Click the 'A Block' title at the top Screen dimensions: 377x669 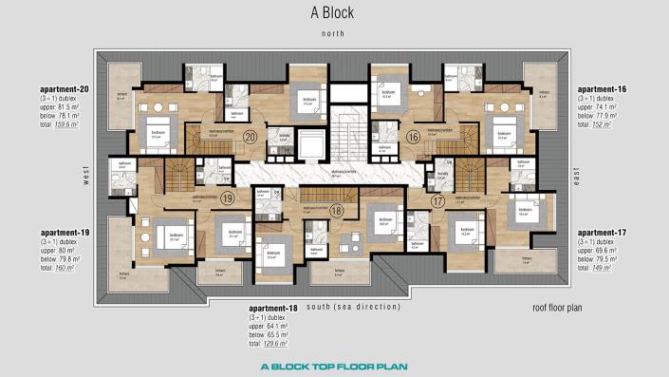[x=334, y=12]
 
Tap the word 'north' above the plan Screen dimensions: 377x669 [x=333, y=32]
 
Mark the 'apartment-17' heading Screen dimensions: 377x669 [x=604, y=232]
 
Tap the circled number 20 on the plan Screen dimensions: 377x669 [x=250, y=137]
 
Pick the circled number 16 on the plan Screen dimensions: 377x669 [x=413, y=137]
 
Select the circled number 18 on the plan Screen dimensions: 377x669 [x=337, y=211]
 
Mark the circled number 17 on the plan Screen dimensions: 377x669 [x=437, y=200]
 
